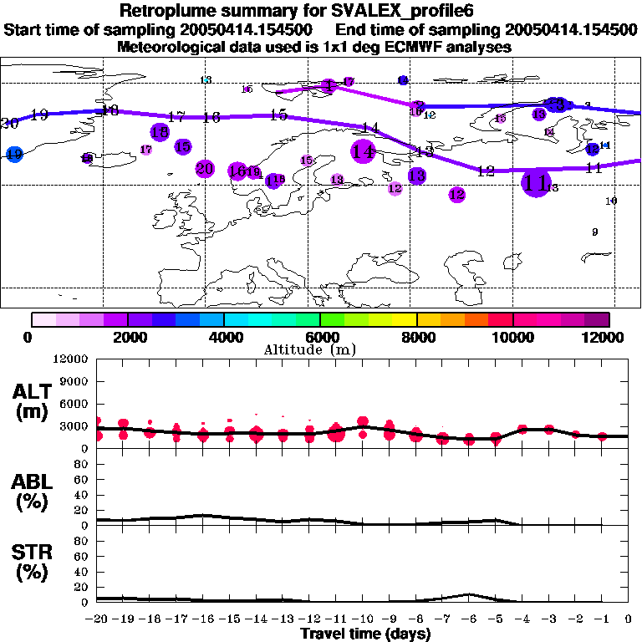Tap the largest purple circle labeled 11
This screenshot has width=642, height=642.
click(x=535, y=181)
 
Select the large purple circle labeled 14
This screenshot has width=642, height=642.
click(x=363, y=151)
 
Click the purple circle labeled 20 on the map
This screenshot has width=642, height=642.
click(x=204, y=169)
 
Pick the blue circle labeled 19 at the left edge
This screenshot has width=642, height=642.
click(x=14, y=154)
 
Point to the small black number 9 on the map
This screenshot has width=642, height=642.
click(x=594, y=232)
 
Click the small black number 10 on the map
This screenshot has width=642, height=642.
click(x=610, y=201)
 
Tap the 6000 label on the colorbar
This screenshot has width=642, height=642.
click(x=321, y=337)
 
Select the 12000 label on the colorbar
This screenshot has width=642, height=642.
click(x=604, y=337)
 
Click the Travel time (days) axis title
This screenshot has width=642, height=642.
click(x=364, y=634)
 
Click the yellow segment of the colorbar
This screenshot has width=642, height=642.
click(x=405, y=319)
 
